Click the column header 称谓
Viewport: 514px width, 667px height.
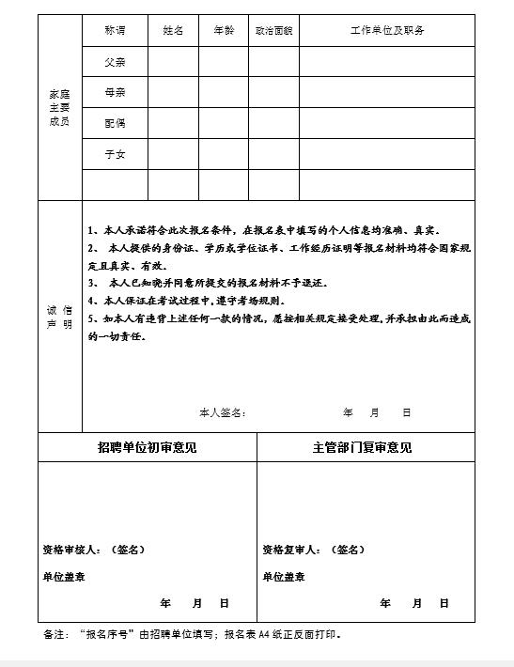tap(116, 31)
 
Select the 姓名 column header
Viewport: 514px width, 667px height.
tap(173, 31)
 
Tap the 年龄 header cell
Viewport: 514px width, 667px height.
tap(224, 31)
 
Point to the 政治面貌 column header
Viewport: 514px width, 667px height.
tap(273, 31)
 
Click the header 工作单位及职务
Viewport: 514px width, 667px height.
tap(387, 31)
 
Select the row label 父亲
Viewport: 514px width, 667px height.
tap(116, 62)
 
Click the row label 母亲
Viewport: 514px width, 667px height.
tap(116, 93)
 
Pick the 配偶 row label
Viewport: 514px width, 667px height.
tap(116, 123)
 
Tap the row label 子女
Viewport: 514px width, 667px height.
tap(116, 154)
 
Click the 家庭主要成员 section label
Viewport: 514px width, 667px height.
tap(59, 108)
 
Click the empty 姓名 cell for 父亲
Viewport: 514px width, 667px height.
tap(173, 62)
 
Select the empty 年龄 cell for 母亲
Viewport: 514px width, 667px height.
tap(224, 93)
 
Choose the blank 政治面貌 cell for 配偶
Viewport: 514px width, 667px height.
tap(273, 123)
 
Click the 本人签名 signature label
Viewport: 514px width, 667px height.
tap(223, 412)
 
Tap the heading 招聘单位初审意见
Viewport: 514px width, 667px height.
tap(148, 448)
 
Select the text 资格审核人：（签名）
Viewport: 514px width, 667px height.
tap(94, 550)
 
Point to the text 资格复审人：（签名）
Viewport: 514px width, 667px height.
tap(314, 550)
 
